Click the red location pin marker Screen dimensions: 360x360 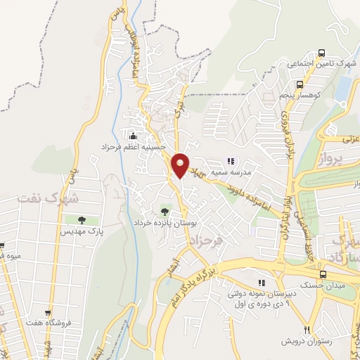point(181,165)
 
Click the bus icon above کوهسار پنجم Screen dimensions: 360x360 point(321,52)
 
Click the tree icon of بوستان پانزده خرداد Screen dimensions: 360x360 point(165,210)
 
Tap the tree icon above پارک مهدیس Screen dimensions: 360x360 point(82,220)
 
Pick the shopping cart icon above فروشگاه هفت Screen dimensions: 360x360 point(48,314)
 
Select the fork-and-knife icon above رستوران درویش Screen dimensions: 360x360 point(307,330)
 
